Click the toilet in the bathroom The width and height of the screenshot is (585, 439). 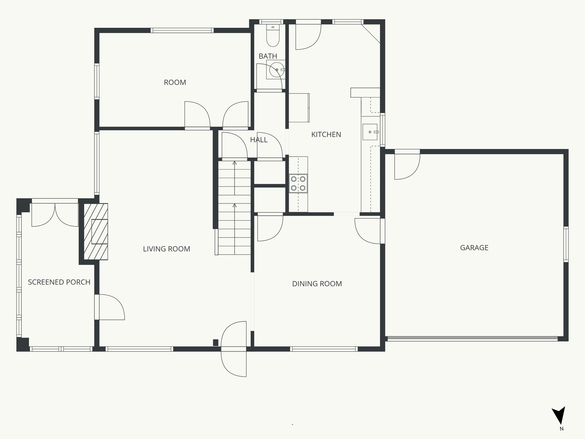point(273,36)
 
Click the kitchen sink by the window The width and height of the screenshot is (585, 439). point(370,132)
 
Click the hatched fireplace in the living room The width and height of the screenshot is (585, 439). point(96,231)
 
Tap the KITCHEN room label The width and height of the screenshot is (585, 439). point(326,134)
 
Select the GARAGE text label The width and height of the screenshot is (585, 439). point(474,248)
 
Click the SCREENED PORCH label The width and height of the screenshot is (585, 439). point(59,282)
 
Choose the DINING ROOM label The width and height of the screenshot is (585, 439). point(317,284)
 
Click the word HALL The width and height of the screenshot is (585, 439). point(259,140)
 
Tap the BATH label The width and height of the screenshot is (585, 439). point(268,56)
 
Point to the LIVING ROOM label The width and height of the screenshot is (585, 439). point(167,249)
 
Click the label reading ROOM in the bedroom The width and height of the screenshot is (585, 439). point(175,82)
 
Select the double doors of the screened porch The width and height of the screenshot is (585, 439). point(55,213)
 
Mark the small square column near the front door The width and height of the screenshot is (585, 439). point(216,342)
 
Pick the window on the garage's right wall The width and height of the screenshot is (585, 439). point(566,244)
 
